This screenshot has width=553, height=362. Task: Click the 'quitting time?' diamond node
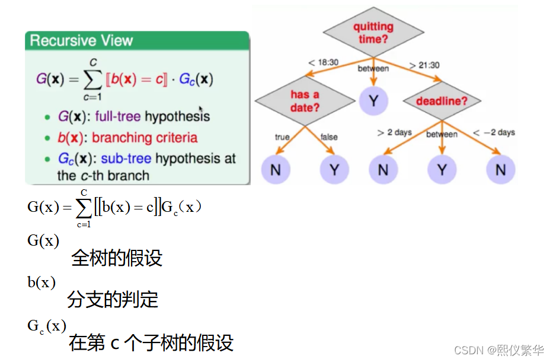(x=373, y=32)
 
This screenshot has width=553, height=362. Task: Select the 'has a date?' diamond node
(x=305, y=101)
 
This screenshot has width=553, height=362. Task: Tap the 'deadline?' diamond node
(x=442, y=101)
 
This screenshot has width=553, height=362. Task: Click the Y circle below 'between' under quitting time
(x=373, y=101)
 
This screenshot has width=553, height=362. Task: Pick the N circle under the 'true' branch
(x=275, y=170)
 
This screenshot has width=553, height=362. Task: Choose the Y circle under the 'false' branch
(x=334, y=170)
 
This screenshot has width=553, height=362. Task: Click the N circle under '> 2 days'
(x=383, y=170)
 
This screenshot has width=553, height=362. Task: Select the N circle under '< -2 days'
(x=501, y=170)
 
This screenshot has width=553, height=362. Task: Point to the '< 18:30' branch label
(x=323, y=62)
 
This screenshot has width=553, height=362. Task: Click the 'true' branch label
(x=282, y=137)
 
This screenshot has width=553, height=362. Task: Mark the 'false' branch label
(x=329, y=137)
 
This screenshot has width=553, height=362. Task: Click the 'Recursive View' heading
(x=81, y=41)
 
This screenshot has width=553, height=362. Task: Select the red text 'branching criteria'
(x=145, y=138)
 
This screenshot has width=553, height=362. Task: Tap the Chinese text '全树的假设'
(x=117, y=258)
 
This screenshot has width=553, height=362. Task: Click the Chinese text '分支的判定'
(x=113, y=300)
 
